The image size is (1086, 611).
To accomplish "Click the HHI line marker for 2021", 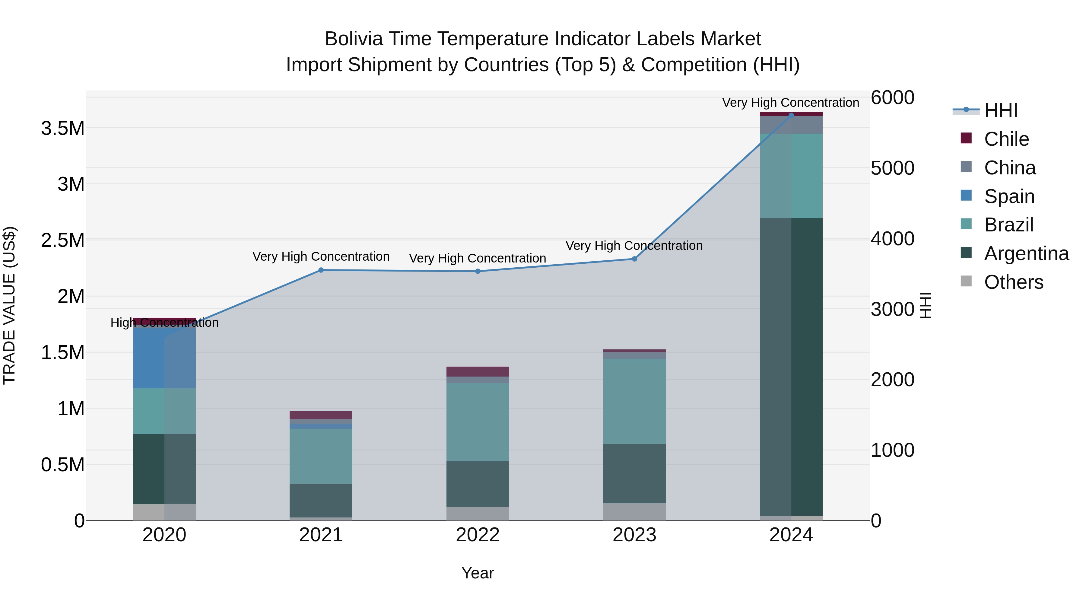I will tap(321, 270).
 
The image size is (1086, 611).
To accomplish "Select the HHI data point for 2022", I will tap(478, 272).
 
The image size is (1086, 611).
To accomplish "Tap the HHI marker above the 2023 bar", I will tap(634, 259).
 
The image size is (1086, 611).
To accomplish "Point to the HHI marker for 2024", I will tap(791, 115).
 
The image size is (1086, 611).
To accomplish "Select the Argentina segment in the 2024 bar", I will tap(791, 367).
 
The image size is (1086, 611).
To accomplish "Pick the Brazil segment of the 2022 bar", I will tap(478, 422).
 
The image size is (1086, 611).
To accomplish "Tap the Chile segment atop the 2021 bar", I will tap(321, 415).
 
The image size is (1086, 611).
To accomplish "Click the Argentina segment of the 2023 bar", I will tap(634, 473).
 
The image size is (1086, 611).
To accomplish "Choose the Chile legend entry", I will tap(1006, 139).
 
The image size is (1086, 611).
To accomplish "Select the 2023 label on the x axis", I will tap(634, 535).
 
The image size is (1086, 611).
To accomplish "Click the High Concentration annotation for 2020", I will tap(164, 323).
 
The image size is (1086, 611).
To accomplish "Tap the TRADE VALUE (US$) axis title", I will tap(9, 305).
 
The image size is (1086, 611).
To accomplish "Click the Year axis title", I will tap(478, 573).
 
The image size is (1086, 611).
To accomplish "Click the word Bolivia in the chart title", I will tap(353, 39).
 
